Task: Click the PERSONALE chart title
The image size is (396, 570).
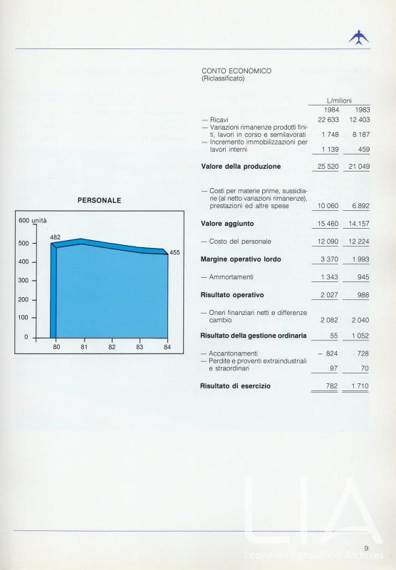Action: (99, 201)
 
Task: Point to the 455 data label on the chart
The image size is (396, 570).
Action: (174, 252)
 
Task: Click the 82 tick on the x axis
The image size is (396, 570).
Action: (112, 347)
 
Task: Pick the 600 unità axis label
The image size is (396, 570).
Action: (32, 220)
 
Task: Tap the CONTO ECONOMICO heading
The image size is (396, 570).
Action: (236, 71)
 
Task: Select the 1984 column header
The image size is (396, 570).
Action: (332, 110)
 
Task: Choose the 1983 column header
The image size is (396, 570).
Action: (363, 110)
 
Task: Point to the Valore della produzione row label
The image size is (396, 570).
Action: (241, 167)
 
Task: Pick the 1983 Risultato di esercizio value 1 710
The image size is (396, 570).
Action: (360, 386)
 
